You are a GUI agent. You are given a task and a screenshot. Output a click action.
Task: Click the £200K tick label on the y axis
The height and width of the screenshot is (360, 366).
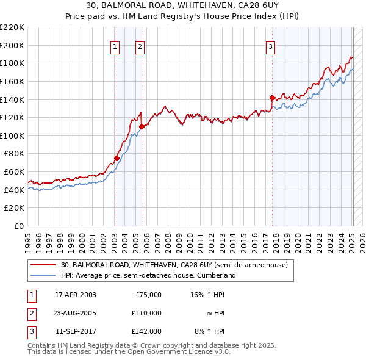click(12, 45)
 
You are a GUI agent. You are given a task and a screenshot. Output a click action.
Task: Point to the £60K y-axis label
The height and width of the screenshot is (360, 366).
click(14, 172)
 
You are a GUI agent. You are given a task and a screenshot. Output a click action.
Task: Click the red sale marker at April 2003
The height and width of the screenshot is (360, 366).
click(117, 158)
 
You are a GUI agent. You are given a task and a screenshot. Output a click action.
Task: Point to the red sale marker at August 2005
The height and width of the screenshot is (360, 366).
click(142, 126)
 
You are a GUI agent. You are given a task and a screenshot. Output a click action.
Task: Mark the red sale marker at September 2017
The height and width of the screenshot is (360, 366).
click(272, 97)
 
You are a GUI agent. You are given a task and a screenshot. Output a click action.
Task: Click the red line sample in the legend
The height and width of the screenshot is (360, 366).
click(43, 265)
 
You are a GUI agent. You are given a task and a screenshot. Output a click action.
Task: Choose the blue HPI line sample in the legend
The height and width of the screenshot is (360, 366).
click(43, 275)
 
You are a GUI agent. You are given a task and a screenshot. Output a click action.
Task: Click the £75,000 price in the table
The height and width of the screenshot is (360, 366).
click(148, 295)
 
